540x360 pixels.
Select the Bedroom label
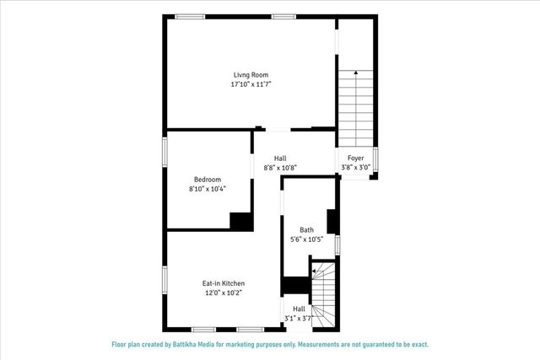pyautogui.click(x=207, y=179)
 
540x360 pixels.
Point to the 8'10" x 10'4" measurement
pyautogui.click(x=207, y=189)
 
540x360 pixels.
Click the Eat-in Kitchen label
pyautogui.click(x=224, y=283)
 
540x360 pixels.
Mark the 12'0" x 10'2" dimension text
pyautogui.click(x=224, y=293)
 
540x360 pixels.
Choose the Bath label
pyautogui.click(x=306, y=229)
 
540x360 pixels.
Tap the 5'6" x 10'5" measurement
pyautogui.click(x=306, y=239)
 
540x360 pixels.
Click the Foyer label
pyautogui.click(x=355, y=158)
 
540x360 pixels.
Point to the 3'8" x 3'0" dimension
pyautogui.click(x=355, y=168)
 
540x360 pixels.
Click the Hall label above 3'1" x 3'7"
pyautogui.click(x=299, y=309)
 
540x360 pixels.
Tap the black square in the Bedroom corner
pyautogui.click(x=241, y=220)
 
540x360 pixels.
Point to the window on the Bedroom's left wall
pyautogui.click(x=165, y=157)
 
